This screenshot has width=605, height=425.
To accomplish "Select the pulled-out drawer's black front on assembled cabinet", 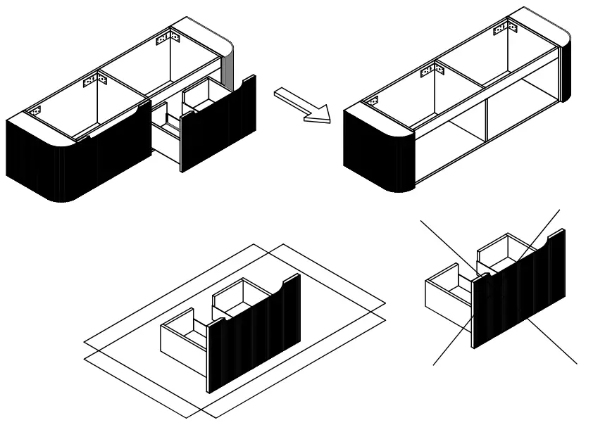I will (218, 127).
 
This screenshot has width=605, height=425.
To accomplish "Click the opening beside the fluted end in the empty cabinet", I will (444, 151).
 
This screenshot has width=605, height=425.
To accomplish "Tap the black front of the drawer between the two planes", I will (254, 331).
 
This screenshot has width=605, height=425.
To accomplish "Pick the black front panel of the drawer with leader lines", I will (518, 288).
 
